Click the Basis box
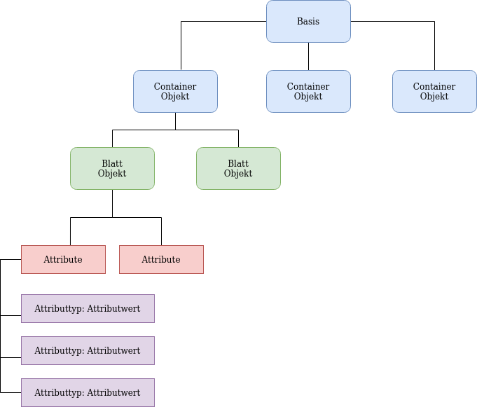(308, 22)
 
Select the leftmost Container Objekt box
(175, 92)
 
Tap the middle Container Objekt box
(308, 92)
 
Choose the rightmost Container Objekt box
(434, 92)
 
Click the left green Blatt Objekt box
(112, 169)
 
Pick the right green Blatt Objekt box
(238, 169)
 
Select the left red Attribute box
(63, 260)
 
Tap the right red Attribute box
(161, 260)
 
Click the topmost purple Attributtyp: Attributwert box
(88, 309)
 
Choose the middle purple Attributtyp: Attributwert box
(88, 351)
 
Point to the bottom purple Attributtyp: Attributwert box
(88, 393)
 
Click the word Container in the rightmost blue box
(434, 87)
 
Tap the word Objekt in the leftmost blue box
(175, 97)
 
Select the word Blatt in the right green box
(238, 164)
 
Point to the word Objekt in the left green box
(112, 174)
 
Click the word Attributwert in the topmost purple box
(113, 309)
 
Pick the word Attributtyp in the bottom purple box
(59, 393)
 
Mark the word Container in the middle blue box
(308, 87)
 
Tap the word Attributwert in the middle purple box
(113, 351)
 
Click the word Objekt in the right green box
(238, 174)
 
